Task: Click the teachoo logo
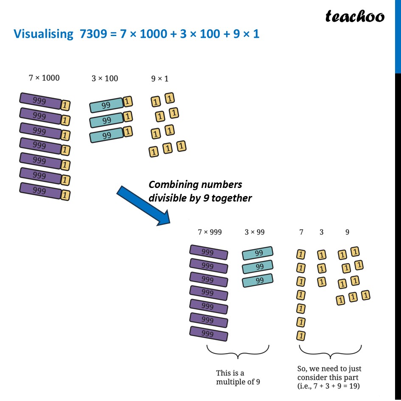355,17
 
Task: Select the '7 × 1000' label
44,78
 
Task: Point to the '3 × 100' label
105,79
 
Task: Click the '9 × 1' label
160,79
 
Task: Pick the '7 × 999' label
210,232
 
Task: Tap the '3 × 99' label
255,232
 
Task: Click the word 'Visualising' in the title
44,34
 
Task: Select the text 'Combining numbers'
195,185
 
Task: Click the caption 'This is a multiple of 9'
238,377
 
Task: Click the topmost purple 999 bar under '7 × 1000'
41,101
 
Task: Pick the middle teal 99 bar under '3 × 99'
258,267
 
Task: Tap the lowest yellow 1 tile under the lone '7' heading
301,336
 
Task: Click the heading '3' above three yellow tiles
321,232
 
